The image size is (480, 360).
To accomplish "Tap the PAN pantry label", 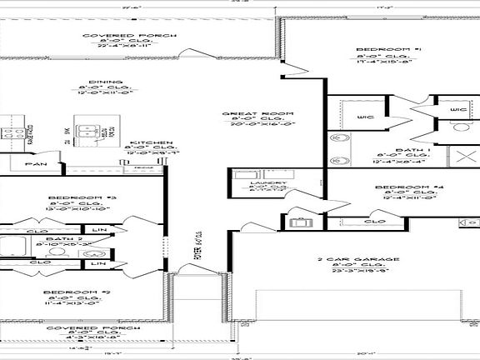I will click(35, 164).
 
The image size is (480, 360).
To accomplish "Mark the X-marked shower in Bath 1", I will click(458, 157).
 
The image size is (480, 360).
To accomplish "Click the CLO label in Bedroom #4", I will click(374, 222).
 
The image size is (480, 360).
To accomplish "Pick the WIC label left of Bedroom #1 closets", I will click(364, 117).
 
